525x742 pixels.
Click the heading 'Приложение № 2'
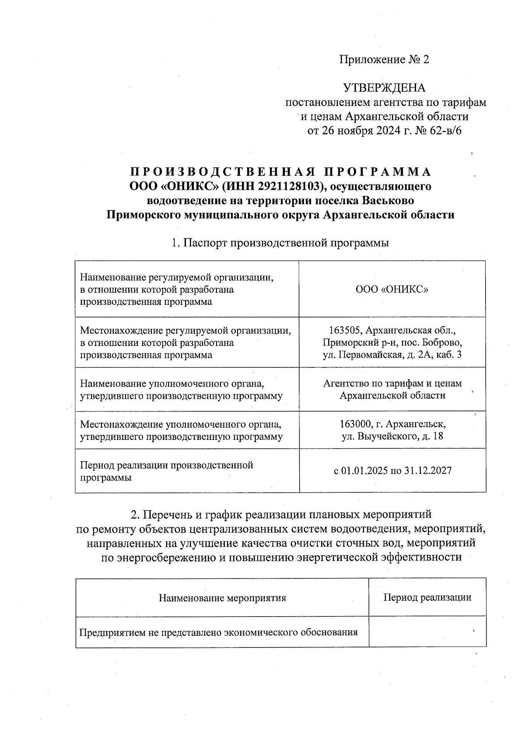coord(384,59)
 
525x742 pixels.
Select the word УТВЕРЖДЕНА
coord(384,88)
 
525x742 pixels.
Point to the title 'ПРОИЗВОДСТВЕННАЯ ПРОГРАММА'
coord(280,171)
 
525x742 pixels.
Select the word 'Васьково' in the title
coord(388,201)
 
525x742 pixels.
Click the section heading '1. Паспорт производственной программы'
coord(280,243)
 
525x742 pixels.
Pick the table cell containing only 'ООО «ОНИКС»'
coord(392,289)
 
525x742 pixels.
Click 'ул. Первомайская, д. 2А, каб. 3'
coord(392,355)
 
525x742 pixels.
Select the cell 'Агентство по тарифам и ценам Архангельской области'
coord(392,389)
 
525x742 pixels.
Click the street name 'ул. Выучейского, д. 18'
coord(392,436)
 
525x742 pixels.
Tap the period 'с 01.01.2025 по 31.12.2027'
coord(392,471)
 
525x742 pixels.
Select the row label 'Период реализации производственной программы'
coord(166,471)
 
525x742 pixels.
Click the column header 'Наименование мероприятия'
coord(222,598)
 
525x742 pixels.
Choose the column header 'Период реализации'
coord(427,597)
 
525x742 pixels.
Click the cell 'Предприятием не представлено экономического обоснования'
coord(218,632)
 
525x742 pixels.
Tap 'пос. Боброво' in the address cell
coord(434,342)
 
